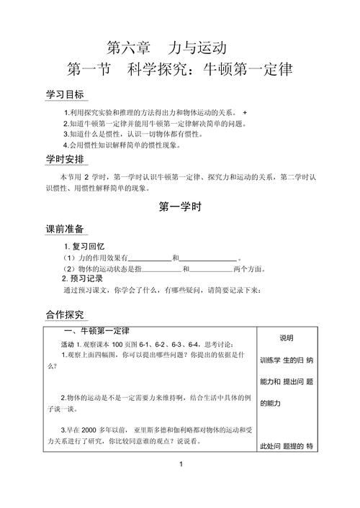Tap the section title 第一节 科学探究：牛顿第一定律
181,72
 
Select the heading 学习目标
65,96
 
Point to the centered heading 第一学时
180,207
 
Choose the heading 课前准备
65,228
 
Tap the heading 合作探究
65,314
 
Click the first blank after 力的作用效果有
149,258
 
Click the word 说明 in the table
286,338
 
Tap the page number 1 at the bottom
181,484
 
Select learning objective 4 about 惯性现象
122,145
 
